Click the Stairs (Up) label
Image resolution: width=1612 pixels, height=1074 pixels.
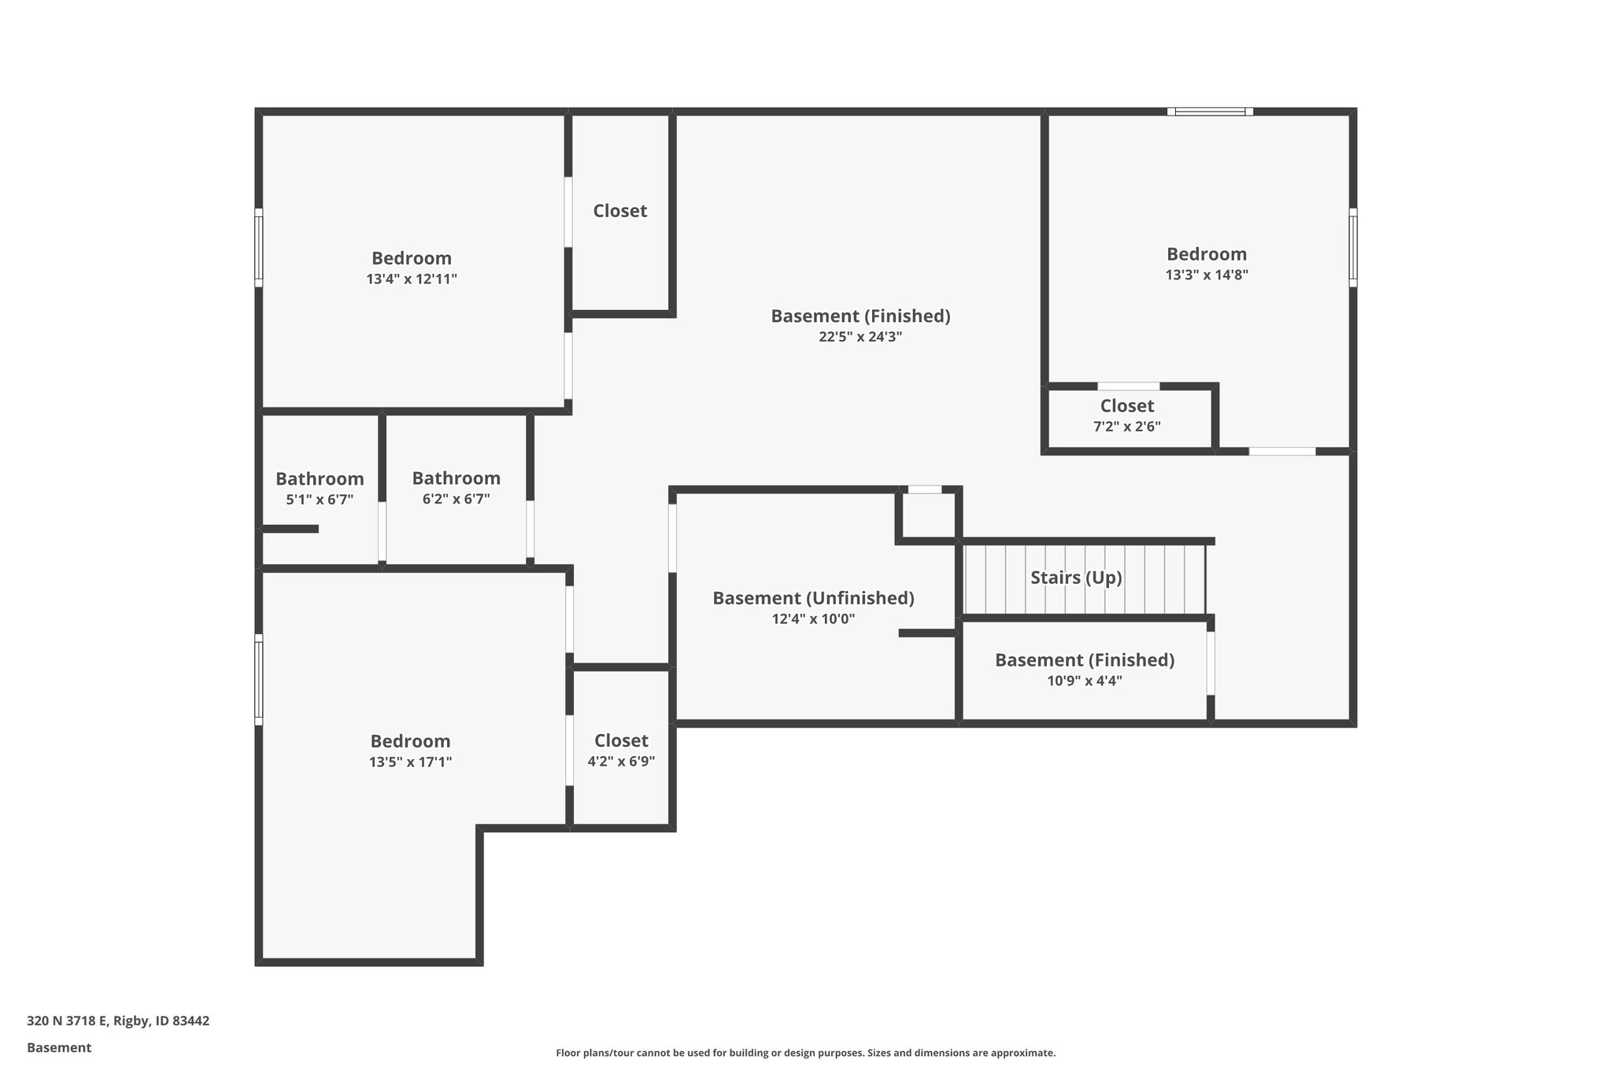(1075, 578)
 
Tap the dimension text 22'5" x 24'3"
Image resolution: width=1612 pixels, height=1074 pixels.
(860, 337)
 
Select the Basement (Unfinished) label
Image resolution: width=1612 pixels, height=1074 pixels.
(813, 598)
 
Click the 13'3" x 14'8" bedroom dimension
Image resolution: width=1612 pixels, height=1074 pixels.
(1207, 275)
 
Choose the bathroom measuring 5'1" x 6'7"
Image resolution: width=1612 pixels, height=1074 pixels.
(320, 489)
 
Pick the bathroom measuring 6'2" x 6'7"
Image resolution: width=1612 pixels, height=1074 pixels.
(456, 488)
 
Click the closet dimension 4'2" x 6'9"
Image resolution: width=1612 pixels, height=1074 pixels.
(621, 762)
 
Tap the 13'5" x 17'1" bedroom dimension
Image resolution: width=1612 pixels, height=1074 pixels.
(410, 762)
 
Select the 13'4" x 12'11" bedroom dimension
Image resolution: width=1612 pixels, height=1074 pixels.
(411, 279)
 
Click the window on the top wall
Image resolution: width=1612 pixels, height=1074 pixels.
(1210, 112)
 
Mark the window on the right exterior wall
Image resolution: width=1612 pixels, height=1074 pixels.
(1352, 247)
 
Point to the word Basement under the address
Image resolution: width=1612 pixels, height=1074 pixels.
(59, 1047)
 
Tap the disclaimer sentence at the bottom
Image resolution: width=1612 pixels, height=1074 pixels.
(805, 1053)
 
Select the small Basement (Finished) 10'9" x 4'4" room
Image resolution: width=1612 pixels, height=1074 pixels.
(1084, 670)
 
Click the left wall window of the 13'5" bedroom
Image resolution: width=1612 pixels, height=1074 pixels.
(258, 680)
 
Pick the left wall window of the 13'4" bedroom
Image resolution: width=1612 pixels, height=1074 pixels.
(258, 247)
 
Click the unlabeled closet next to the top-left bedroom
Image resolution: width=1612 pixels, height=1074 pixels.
(620, 211)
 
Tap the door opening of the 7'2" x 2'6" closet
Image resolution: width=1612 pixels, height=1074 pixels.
(1128, 386)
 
